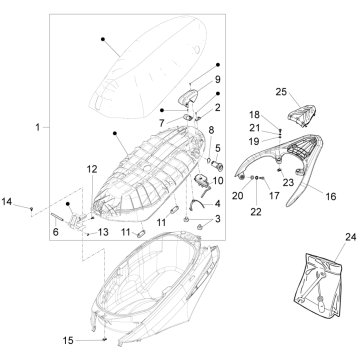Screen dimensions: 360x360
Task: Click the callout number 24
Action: tap(351, 237)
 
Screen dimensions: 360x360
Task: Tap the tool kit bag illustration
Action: tap(318, 285)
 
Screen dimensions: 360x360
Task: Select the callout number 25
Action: tap(281, 91)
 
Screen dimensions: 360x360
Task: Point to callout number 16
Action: tap(331, 196)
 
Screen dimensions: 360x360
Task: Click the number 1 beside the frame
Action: tap(38, 127)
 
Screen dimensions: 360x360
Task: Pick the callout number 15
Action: tap(68, 341)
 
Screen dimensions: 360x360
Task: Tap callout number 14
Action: tap(7, 201)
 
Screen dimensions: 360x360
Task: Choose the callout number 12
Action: tap(92, 169)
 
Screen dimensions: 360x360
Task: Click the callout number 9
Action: tap(217, 79)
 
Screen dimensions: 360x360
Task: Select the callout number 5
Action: tap(218, 147)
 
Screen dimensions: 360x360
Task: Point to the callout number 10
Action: tap(217, 181)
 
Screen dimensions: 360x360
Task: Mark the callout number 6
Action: tap(56, 232)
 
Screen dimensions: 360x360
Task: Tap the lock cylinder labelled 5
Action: tap(218, 164)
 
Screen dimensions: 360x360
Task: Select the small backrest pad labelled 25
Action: tap(302, 115)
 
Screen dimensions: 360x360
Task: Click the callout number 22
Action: tap(256, 211)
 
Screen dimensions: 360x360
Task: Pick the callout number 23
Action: tap(288, 182)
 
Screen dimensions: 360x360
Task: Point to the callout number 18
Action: tap(254, 115)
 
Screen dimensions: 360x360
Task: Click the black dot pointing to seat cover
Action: tap(103, 39)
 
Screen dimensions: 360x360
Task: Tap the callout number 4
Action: tap(217, 203)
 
